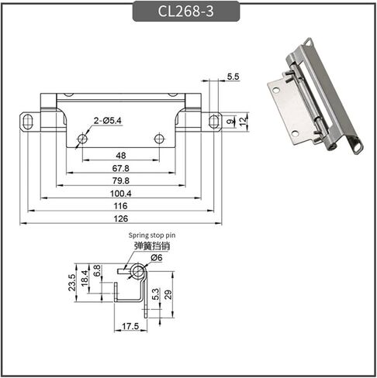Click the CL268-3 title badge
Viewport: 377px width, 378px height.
pos(186,11)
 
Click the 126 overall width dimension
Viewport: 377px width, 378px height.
pos(121,218)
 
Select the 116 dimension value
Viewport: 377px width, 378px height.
pos(121,206)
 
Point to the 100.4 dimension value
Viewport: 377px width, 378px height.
pos(121,194)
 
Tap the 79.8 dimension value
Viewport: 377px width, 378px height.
pos(121,180)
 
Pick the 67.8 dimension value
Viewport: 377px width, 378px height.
pos(121,168)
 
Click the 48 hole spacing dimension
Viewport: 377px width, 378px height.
pos(121,156)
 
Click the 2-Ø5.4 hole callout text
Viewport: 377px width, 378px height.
pos(107,121)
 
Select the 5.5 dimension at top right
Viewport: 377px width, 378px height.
pos(233,77)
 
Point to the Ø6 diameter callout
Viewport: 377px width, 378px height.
pos(157,257)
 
